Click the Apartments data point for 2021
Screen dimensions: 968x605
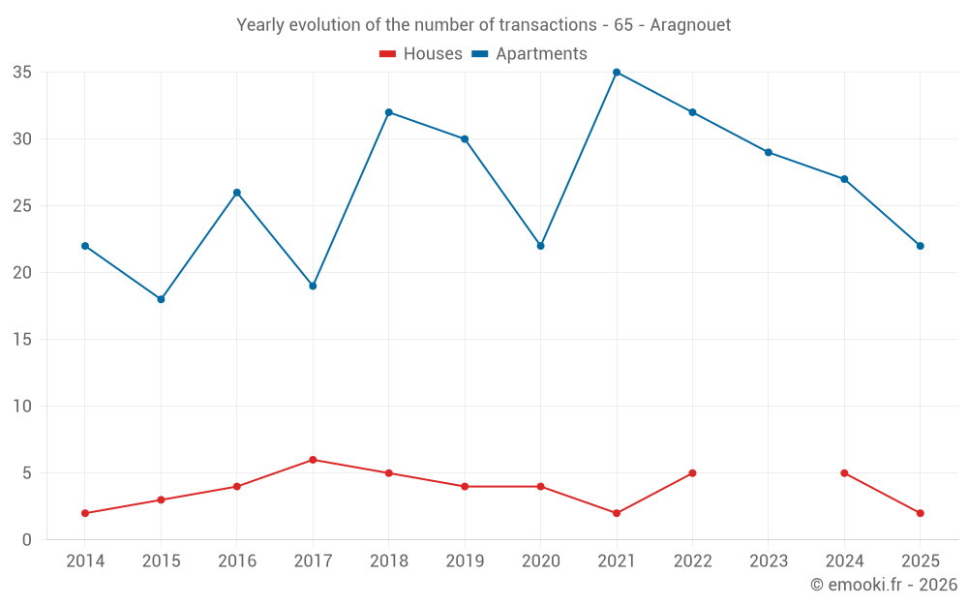click(x=616, y=73)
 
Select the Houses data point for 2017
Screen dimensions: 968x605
click(x=313, y=460)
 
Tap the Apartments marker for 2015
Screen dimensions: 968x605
click(x=161, y=299)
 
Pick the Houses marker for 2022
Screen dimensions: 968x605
click(x=692, y=473)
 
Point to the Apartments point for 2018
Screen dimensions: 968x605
click(x=389, y=112)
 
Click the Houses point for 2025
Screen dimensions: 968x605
click(x=921, y=513)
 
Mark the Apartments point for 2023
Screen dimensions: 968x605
click(x=769, y=153)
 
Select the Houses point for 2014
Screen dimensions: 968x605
click(x=85, y=513)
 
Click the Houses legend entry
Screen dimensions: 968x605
click(x=420, y=53)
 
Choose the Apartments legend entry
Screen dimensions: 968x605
click(x=529, y=53)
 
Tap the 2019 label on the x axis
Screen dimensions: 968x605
click(x=465, y=560)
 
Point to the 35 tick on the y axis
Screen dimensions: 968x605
click(x=22, y=73)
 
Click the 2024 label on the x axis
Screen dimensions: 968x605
click(x=844, y=560)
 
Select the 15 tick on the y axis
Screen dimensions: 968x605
click(x=22, y=340)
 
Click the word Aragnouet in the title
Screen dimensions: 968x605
click(x=690, y=25)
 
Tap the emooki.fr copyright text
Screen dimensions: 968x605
click(x=884, y=584)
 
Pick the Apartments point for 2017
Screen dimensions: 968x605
click(x=313, y=286)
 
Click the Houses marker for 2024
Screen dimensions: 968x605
click(x=844, y=473)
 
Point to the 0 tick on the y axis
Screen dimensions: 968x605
click(x=26, y=540)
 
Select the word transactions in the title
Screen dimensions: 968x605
click(x=548, y=25)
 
